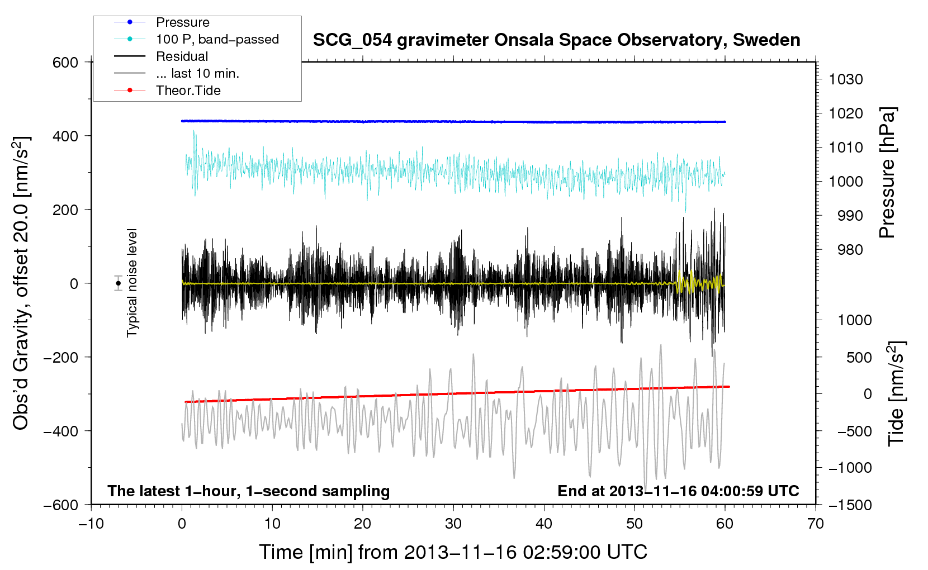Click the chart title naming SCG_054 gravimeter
point(556,40)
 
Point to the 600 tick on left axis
point(65,63)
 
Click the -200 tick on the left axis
point(61,357)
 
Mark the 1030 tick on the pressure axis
point(846,79)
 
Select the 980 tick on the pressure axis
point(850,250)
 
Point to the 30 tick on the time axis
point(453,524)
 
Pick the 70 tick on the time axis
point(815,524)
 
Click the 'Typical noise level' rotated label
point(132,283)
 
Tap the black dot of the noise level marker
point(119,283)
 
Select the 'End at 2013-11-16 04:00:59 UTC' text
point(678,491)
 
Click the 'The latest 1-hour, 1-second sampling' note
point(249,491)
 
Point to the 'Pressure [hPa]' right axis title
point(887,173)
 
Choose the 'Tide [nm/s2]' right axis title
point(896,393)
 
